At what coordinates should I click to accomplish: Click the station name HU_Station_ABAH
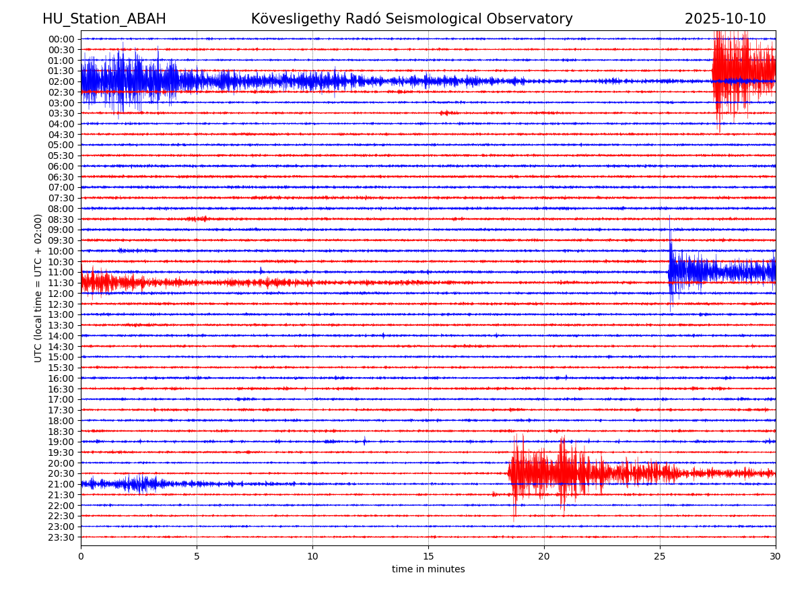(104, 19)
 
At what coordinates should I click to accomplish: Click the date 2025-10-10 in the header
(725, 19)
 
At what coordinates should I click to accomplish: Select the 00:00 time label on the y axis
(61, 39)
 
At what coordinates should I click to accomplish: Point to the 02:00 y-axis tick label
(61, 81)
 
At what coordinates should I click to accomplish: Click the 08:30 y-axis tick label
(61, 220)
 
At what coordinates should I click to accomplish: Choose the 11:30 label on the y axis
(61, 283)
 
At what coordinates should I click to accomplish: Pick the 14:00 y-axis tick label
(61, 336)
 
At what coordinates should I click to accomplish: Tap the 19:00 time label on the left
(61, 442)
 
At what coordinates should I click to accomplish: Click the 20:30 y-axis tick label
(61, 473)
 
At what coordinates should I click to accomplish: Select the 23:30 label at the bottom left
(61, 537)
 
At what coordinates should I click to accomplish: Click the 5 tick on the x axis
(197, 557)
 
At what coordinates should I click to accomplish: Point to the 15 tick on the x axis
(428, 557)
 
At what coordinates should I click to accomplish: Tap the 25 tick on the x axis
(660, 557)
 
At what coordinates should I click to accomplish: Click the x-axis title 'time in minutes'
(428, 570)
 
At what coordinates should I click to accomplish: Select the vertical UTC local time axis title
(38, 288)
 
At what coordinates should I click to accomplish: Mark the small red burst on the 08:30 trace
(199, 219)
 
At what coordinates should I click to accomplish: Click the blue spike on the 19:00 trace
(365, 441)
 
